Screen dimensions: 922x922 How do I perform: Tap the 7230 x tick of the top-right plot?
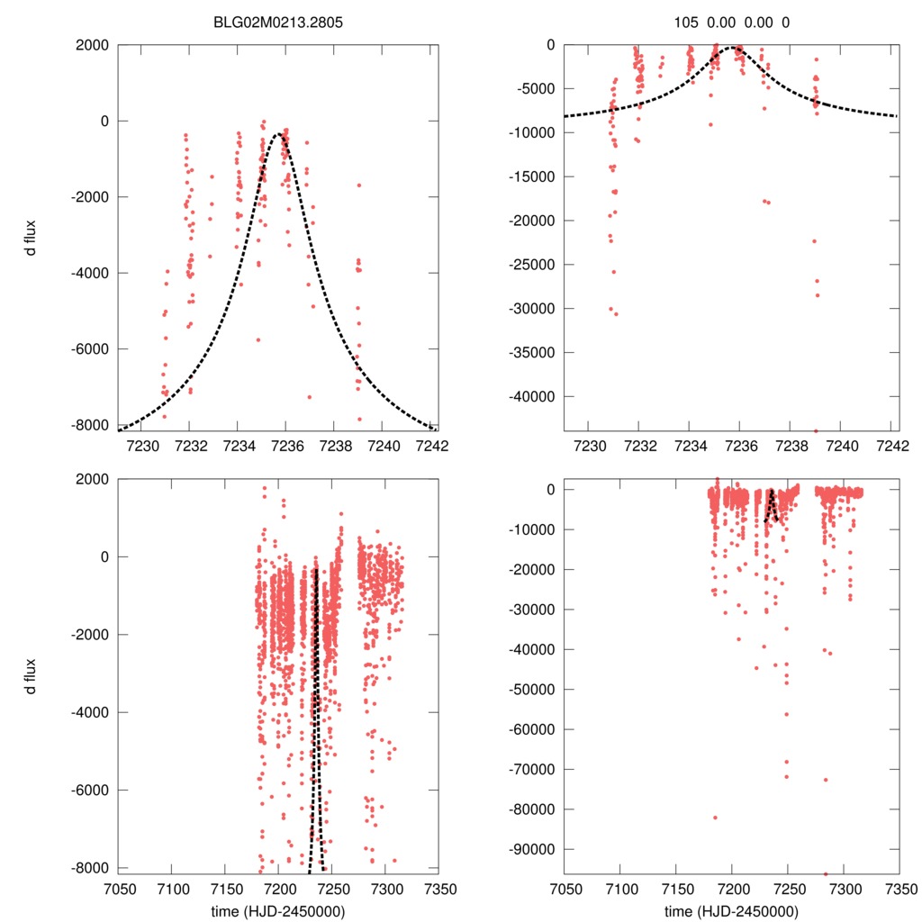[x=589, y=445]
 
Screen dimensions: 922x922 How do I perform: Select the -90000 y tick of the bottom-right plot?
[x=535, y=849]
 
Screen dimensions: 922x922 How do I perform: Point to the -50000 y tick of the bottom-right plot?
[x=535, y=690]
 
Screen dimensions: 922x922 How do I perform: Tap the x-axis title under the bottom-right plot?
[x=732, y=910]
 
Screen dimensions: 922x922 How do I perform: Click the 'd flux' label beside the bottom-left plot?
[x=32, y=671]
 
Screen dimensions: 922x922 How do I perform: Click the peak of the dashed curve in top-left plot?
[x=282, y=135]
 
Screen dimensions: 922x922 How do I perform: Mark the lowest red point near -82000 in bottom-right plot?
[x=716, y=818]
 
